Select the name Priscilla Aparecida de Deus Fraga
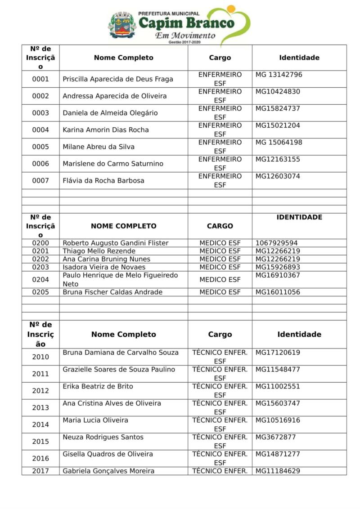pyautogui.click(x=118, y=79)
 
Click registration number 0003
pyautogui.click(x=40, y=113)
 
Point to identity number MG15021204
pyautogui.click(x=278, y=125)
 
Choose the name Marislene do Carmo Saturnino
pyautogui.click(x=113, y=164)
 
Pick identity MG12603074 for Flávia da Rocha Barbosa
pyautogui.click(x=278, y=176)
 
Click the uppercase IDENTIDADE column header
pyautogui.click(x=299, y=217)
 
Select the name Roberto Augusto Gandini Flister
pyautogui.click(x=116, y=243)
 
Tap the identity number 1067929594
pyautogui.click(x=277, y=243)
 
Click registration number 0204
pyautogui.click(x=40, y=280)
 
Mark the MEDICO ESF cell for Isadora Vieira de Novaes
pyautogui.click(x=220, y=267)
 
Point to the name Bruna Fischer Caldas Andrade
pyautogui.click(x=112, y=292)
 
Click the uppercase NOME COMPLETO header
pyautogui.click(x=124, y=226)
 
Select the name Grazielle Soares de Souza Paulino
pyautogui.click(x=119, y=370)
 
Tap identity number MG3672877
pyautogui.click(x=276, y=437)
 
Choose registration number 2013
pyautogui.click(x=40, y=408)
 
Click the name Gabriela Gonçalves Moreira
pyautogui.click(x=108, y=471)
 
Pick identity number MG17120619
pyautogui.click(x=278, y=353)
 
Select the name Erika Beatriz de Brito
pyautogui.click(x=98, y=387)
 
